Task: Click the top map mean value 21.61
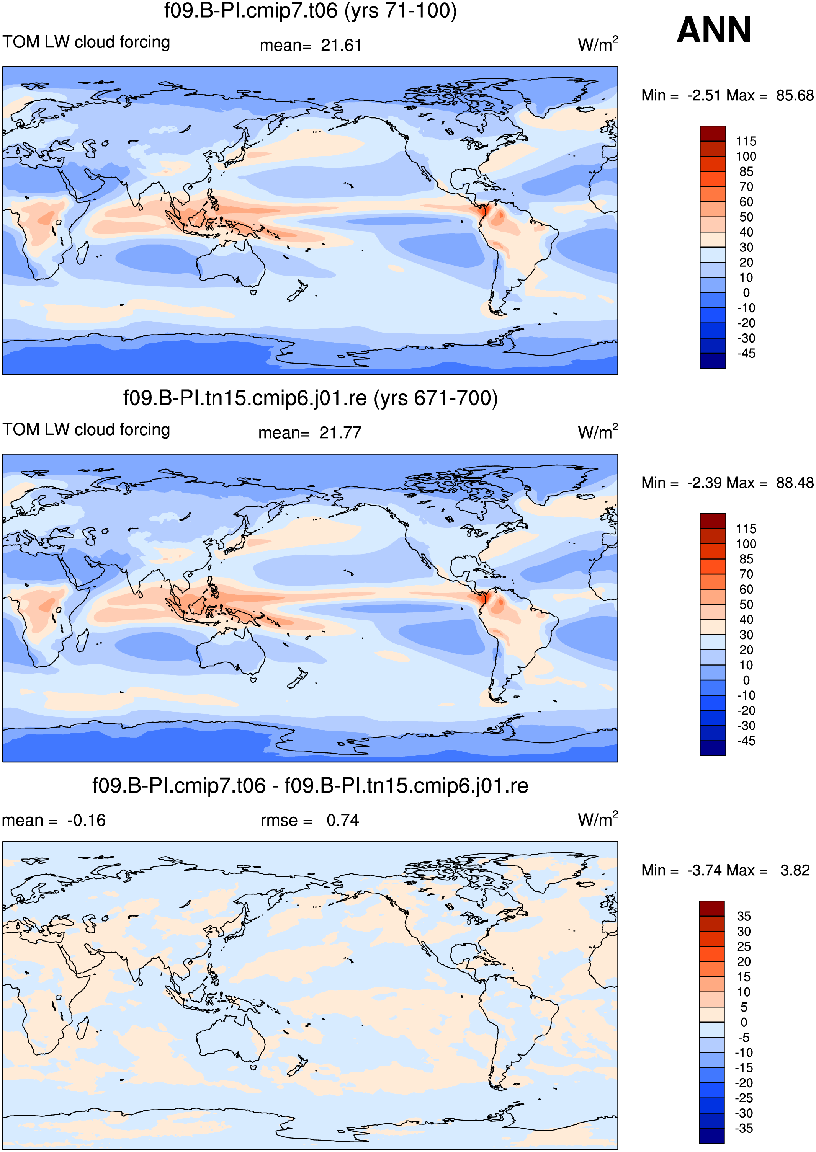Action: pyautogui.click(x=341, y=46)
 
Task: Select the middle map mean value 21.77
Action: pyautogui.click(x=340, y=433)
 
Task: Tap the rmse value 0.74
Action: pyautogui.click(x=343, y=820)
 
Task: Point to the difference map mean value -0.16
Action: pyautogui.click(x=87, y=820)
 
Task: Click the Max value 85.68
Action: pyautogui.click(x=795, y=95)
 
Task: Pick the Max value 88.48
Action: pyautogui.click(x=795, y=483)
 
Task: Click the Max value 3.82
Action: pyautogui.click(x=795, y=870)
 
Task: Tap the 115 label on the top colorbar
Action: pyautogui.click(x=746, y=141)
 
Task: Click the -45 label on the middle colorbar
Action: pyautogui.click(x=746, y=741)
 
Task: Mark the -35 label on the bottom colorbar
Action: pyautogui.click(x=744, y=1128)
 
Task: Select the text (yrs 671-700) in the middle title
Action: pyautogui.click(x=436, y=398)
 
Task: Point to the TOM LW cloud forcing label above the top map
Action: pyautogui.click(x=87, y=42)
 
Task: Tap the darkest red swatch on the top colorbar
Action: pyautogui.click(x=713, y=134)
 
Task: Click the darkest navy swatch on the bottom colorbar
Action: pyautogui.click(x=711, y=1136)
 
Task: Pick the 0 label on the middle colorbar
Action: pyautogui.click(x=746, y=680)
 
